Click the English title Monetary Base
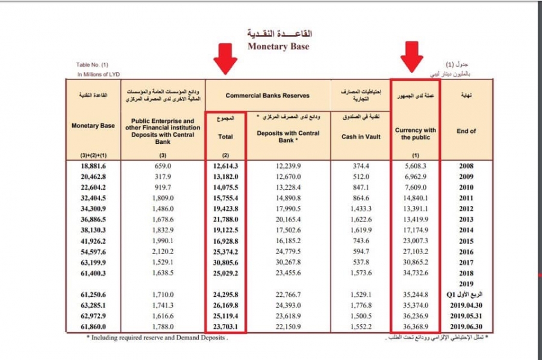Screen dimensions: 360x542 (x=278, y=46)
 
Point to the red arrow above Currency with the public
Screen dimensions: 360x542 (x=414, y=57)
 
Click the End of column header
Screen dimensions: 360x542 (x=466, y=131)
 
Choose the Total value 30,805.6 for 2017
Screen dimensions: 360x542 (x=226, y=262)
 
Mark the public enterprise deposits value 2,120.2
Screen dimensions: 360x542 (x=164, y=252)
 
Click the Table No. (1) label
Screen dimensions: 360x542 (x=92, y=64)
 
